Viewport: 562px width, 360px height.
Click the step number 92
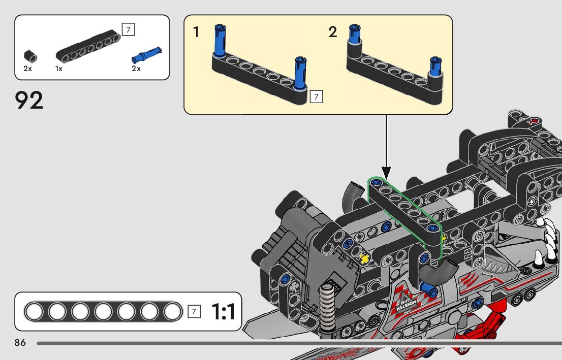tap(29, 101)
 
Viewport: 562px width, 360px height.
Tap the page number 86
tap(20, 343)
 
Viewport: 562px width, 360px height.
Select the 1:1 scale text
tap(223, 312)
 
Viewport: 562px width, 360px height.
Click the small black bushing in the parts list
tap(30, 55)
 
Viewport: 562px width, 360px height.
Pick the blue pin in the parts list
tap(146, 52)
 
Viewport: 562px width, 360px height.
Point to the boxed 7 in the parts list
tap(128, 30)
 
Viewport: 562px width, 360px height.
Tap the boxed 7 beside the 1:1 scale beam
tap(194, 311)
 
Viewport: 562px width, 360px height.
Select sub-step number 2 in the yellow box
tap(333, 32)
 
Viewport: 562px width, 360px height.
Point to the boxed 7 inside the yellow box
tap(316, 96)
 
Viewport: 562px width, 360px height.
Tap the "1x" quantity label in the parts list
tap(59, 69)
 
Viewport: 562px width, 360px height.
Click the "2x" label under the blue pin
tap(136, 69)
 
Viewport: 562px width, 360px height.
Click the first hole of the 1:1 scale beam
tap(35, 311)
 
